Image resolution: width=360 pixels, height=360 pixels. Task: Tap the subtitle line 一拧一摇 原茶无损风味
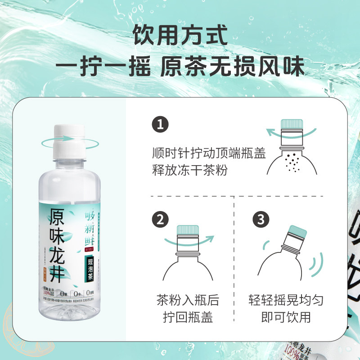pyautogui.click(x=180, y=67)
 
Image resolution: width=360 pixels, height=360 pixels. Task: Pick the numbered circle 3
pyautogui.click(x=260, y=220)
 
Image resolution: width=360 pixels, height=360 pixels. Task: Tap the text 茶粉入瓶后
pyautogui.click(x=188, y=300)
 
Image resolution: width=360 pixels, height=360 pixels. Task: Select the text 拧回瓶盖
pyautogui.click(x=188, y=318)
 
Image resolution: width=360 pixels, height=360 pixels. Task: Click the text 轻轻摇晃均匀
pyautogui.click(x=286, y=300)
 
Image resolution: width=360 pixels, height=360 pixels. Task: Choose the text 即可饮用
pyautogui.click(x=286, y=318)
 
